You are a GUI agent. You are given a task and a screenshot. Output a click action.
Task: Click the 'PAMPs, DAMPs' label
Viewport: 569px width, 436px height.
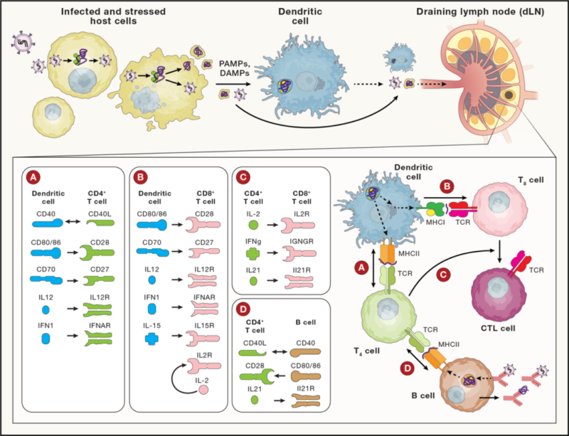click(234, 68)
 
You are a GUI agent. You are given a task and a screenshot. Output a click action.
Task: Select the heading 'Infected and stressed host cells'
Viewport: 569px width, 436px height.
click(113, 16)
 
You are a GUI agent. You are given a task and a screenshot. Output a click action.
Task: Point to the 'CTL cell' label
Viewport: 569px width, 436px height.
click(498, 329)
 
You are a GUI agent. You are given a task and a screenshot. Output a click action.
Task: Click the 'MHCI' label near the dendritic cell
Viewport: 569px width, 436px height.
click(435, 222)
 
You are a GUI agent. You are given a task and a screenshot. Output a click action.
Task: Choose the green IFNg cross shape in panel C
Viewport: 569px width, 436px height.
click(253, 253)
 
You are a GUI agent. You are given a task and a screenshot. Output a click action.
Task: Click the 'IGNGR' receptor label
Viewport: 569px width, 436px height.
click(302, 241)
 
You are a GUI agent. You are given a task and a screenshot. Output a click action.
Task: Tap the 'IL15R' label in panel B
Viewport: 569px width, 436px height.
click(204, 326)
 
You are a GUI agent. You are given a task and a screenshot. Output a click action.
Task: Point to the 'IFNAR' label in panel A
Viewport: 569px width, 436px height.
click(100, 326)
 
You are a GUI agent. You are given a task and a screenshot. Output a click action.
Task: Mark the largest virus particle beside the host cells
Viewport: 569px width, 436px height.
click(23, 42)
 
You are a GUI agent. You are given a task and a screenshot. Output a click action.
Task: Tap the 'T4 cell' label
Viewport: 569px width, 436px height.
click(367, 351)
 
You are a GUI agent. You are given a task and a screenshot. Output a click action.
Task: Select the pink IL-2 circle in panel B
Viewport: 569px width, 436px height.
click(203, 390)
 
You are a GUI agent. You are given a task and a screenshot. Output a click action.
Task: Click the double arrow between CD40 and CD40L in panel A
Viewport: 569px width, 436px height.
click(74, 222)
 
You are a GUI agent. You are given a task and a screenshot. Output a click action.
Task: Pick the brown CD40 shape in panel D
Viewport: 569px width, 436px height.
click(306, 352)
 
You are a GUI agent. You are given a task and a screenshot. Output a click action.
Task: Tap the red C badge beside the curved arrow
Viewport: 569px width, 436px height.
click(442, 275)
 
